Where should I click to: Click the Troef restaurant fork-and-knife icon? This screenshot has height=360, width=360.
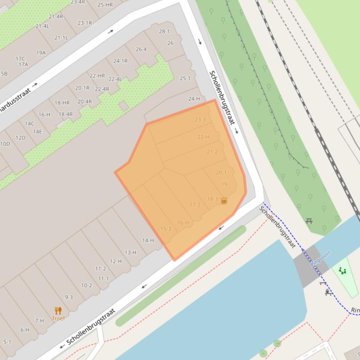click(x=58, y=310)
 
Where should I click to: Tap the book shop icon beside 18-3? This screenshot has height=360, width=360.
click(x=224, y=201)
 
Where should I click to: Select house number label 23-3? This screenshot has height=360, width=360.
click(x=200, y=120)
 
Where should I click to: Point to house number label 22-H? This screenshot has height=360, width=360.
click(x=203, y=137)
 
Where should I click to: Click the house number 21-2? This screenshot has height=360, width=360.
click(x=212, y=152)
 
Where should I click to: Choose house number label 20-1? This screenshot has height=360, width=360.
click(x=221, y=173)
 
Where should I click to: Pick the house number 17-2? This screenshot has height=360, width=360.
click(x=195, y=205)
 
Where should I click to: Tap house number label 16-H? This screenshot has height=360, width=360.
click(x=183, y=223)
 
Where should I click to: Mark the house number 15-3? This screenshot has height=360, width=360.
click(x=166, y=229)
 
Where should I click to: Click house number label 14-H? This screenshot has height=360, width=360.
click(x=148, y=240)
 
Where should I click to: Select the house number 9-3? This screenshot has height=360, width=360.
click(x=69, y=297)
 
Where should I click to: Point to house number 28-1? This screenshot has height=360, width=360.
click(x=164, y=31)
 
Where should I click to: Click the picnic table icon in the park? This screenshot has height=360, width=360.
click(x=309, y=221)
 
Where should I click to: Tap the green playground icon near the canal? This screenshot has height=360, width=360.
click(x=343, y=271)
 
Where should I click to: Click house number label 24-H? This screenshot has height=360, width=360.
click(x=194, y=99)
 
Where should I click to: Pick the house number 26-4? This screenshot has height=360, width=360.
click(x=141, y=49)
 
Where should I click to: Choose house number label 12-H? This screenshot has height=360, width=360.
click(x=116, y=261)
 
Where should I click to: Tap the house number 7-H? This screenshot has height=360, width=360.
click(x=39, y=321)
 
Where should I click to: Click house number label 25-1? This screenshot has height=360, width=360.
click(x=185, y=78)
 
